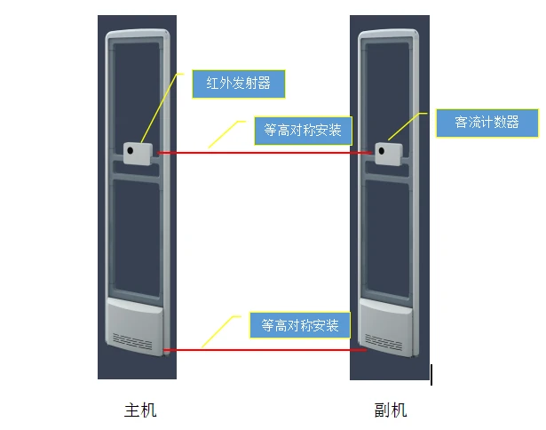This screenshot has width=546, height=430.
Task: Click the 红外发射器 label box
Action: point(239,84)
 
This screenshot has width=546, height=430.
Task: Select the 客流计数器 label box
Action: point(487,123)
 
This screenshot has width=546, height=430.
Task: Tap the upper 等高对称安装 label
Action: point(303,131)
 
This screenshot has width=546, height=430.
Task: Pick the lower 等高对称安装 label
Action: point(300,325)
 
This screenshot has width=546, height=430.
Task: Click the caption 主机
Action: point(140,410)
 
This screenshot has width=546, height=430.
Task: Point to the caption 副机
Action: point(391,410)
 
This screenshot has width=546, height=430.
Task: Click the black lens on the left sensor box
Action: point(131,150)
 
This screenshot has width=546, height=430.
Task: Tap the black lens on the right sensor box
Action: point(381,151)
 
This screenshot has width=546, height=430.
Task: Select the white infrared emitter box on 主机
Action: point(138,154)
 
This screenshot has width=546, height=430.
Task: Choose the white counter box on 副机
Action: point(389,154)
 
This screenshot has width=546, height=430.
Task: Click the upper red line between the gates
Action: point(265,153)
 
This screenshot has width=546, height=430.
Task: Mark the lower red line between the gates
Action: point(265,350)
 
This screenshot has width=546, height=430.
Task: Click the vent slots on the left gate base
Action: point(132,341)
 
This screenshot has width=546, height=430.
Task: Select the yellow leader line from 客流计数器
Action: point(407,126)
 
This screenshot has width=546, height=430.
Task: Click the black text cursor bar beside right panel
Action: point(431,375)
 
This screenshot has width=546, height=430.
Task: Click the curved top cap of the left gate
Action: point(138,32)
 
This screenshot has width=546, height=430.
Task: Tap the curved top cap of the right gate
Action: point(389,32)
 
